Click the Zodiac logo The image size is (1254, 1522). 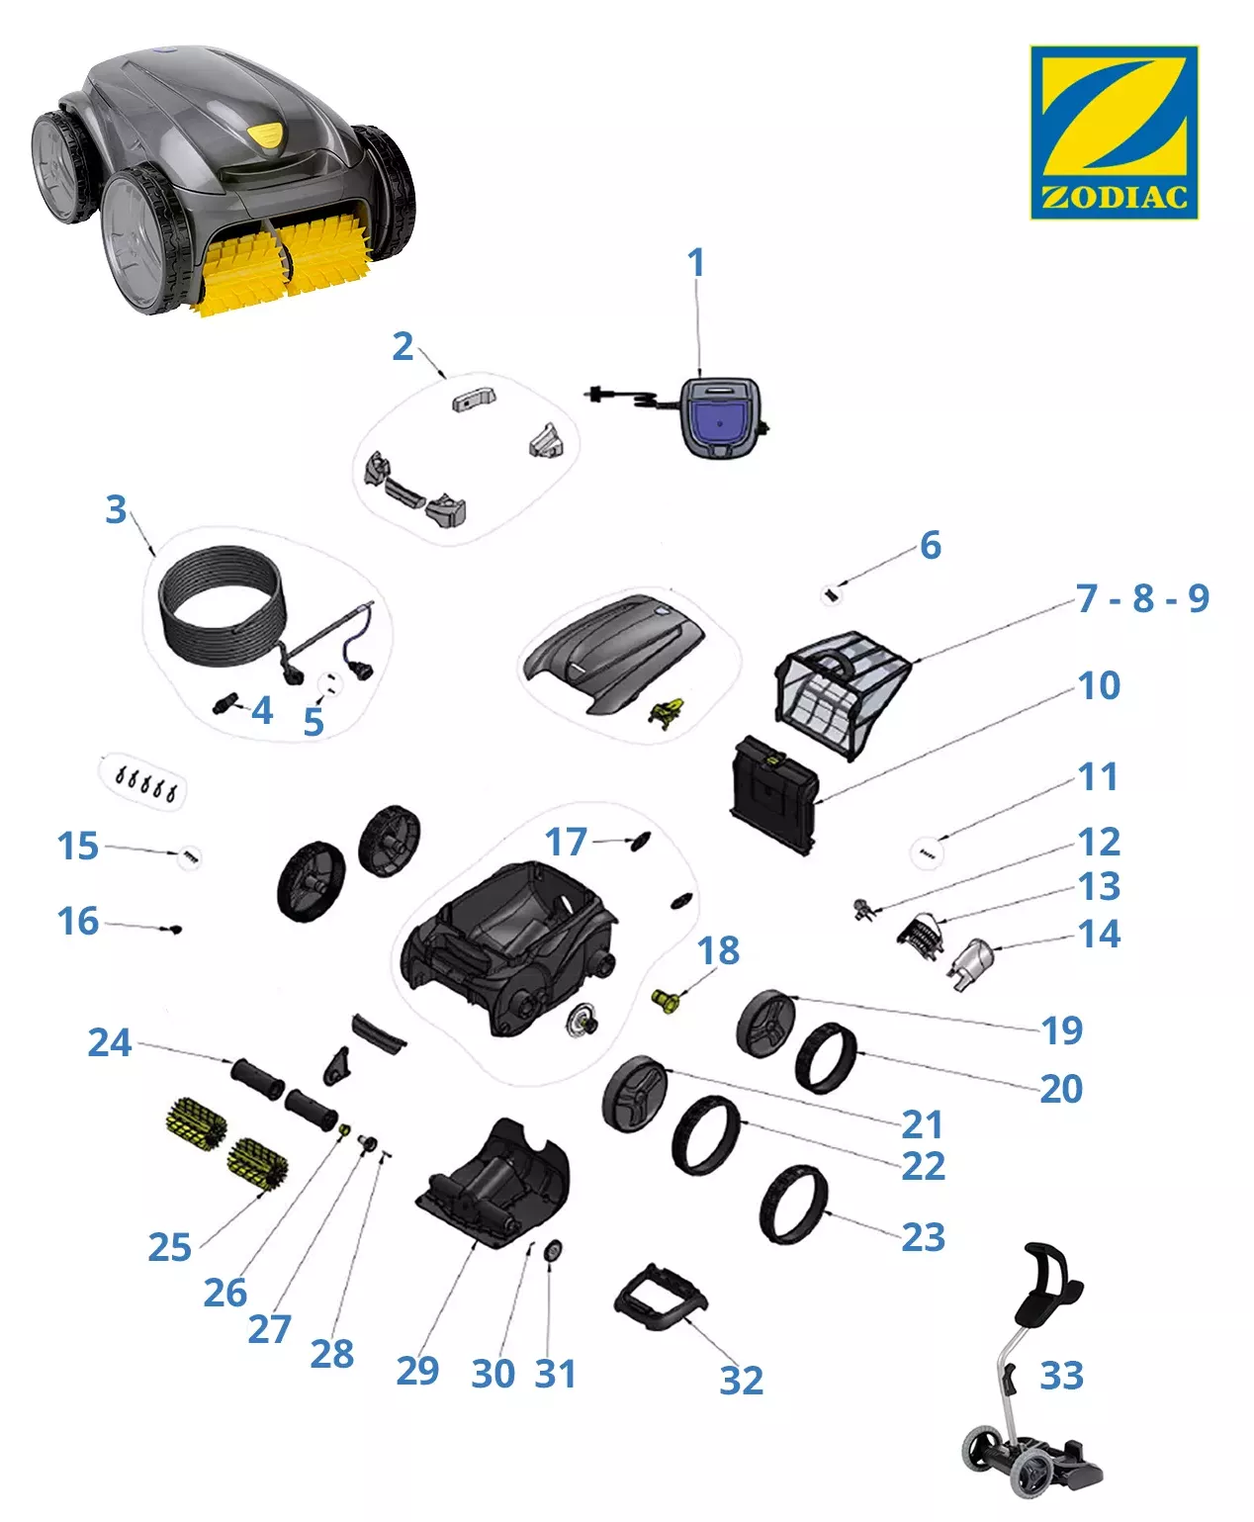coord(1114,132)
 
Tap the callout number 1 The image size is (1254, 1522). coord(696,262)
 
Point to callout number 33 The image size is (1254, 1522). coord(1061,1376)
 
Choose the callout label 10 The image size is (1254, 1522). coord(1099,685)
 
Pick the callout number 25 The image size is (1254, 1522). coord(170,1247)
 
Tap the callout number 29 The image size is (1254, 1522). coord(417,1371)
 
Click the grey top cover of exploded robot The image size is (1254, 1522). coord(612,653)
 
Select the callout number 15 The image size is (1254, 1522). coord(77,846)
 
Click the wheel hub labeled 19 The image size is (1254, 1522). coord(765,1025)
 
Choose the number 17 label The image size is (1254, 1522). coord(566,842)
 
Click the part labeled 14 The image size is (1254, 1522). coord(970,963)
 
